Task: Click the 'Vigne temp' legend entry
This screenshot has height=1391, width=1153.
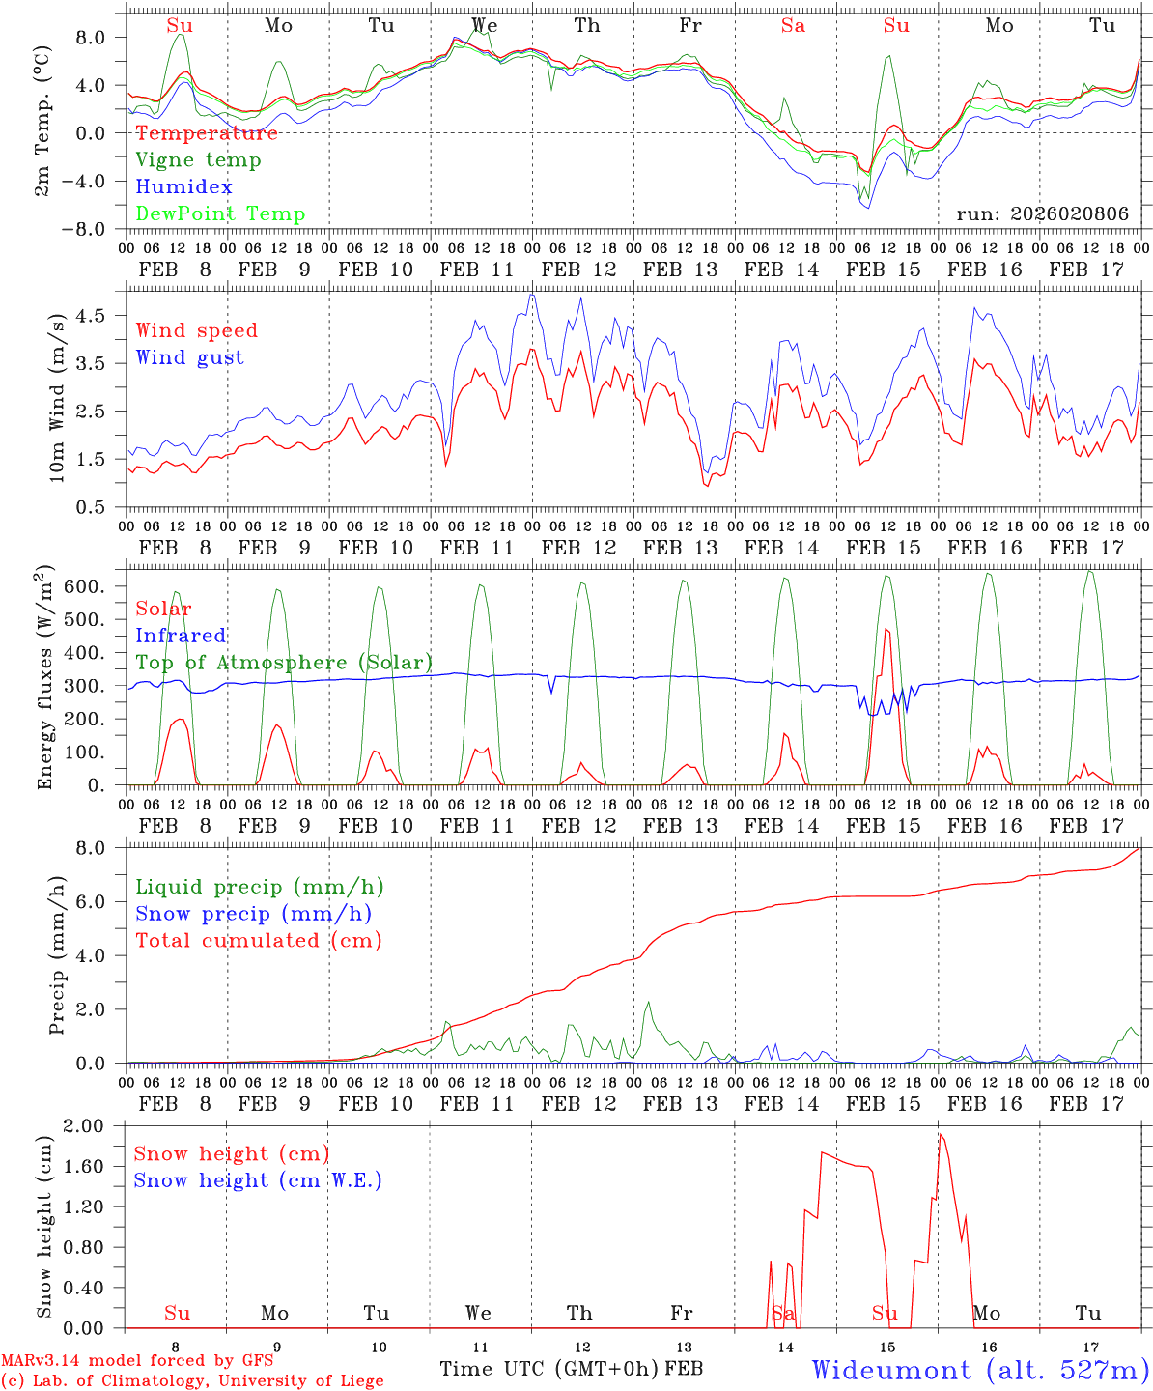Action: pyautogui.click(x=198, y=160)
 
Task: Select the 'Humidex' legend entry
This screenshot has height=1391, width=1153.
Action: pyautogui.click(x=183, y=187)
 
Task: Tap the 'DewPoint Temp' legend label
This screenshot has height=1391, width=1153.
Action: pyautogui.click(x=220, y=214)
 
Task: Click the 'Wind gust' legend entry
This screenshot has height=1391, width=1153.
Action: pyautogui.click(x=189, y=357)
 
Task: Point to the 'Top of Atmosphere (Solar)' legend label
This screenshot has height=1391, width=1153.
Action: pyautogui.click(x=284, y=663)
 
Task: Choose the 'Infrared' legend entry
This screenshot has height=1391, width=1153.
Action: pyautogui.click(x=181, y=636)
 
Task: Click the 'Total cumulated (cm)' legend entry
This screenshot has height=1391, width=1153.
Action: pyautogui.click(x=258, y=941)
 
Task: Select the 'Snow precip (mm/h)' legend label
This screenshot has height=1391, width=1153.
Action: pyautogui.click(x=253, y=914)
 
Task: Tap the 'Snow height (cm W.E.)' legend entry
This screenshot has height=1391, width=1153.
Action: pyautogui.click(x=258, y=1180)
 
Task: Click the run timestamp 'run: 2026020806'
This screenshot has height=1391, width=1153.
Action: pyautogui.click(x=1042, y=214)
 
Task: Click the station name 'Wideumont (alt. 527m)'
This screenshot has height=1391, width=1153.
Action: pyautogui.click(x=979, y=1370)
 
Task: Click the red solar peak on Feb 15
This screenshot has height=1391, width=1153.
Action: pyautogui.click(x=886, y=629)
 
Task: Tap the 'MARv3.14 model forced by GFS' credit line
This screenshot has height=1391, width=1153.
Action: pyautogui.click(x=137, y=1361)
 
